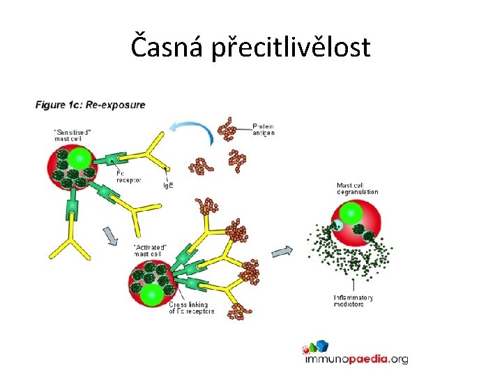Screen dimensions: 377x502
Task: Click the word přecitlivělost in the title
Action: click(x=297, y=49)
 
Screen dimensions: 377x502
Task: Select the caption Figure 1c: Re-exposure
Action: click(x=91, y=105)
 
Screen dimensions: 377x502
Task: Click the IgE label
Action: click(x=169, y=185)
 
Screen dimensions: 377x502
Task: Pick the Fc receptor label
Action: click(x=130, y=176)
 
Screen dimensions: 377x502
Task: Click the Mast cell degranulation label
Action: click(x=357, y=188)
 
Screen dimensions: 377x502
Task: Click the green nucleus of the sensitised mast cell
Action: click(x=82, y=156)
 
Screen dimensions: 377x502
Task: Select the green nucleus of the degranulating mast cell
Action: click(x=351, y=213)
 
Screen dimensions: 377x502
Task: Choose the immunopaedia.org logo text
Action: click(x=356, y=360)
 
